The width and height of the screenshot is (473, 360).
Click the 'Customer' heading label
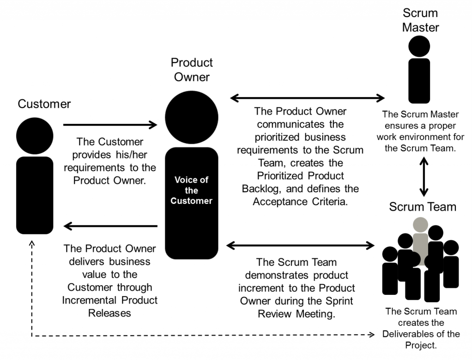[x=44, y=104]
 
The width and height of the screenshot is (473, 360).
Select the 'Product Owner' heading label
[x=192, y=69]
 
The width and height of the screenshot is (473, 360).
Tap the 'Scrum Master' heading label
[x=420, y=20]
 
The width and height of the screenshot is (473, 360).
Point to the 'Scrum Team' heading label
[x=422, y=206]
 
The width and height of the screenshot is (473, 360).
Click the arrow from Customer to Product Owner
[x=110, y=124]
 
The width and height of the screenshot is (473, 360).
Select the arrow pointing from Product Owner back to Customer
[x=110, y=226]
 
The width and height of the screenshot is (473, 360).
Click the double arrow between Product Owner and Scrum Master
[x=307, y=98]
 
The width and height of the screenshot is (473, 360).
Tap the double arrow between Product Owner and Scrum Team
[x=300, y=244]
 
